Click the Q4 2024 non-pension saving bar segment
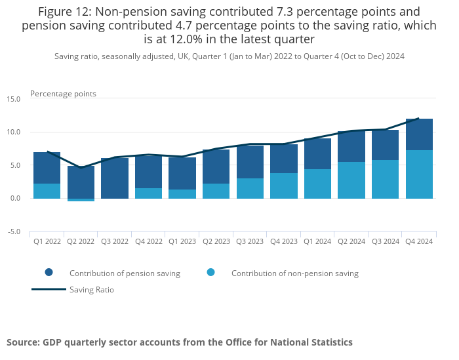(419, 174)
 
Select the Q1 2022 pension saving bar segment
(47, 168)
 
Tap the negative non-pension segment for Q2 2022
(81, 200)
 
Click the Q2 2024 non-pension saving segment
(351, 180)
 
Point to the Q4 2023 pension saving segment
(284, 159)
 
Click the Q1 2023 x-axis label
(182, 241)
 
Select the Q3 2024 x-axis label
(385, 241)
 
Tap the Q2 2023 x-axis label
(216, 241)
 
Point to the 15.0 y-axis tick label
(14, 99)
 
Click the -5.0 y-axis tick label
(14, 231)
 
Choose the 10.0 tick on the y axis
(14, 132)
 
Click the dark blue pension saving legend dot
(49, 273)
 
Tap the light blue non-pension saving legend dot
(210, 273)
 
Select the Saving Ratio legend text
(92, 289)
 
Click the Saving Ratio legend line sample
(49, 289)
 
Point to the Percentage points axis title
(63, 94)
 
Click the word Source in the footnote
(22, 342)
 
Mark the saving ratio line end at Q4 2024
(419, 119)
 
